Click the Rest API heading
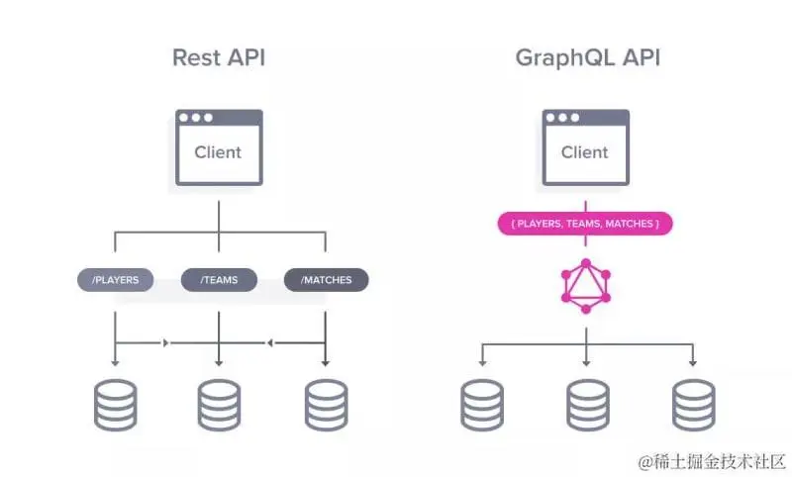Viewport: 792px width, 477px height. [218, 57]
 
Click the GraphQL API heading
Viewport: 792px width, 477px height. [587, 57]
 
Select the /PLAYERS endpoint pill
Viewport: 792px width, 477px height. [115, 280]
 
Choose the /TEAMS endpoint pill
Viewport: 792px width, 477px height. [219, 280]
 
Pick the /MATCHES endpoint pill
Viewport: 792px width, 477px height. [326, 280]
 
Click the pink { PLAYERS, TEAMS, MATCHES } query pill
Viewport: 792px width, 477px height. [584, 224]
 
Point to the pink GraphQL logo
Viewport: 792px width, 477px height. [585, 287]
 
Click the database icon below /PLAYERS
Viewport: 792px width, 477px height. [115, 405]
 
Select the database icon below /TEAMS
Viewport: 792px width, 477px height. [219, 405]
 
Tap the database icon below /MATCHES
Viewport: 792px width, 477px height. [326, 405]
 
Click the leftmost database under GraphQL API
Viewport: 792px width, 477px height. [482, 405]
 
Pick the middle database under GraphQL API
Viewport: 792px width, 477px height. [587, 405]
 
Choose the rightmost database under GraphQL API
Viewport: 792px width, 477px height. [693, 405]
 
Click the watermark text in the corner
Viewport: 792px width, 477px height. [712, 461]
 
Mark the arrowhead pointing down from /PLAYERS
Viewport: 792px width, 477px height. [115, 362]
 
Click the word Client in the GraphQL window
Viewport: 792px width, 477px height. [584, 152]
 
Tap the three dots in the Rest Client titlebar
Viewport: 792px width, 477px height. [195, 118]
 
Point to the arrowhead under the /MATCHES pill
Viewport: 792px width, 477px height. [326, 362]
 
